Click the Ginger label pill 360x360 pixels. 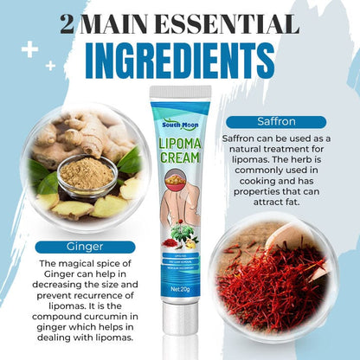[x=84, y=245]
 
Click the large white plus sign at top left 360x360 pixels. [x=29, y=49]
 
